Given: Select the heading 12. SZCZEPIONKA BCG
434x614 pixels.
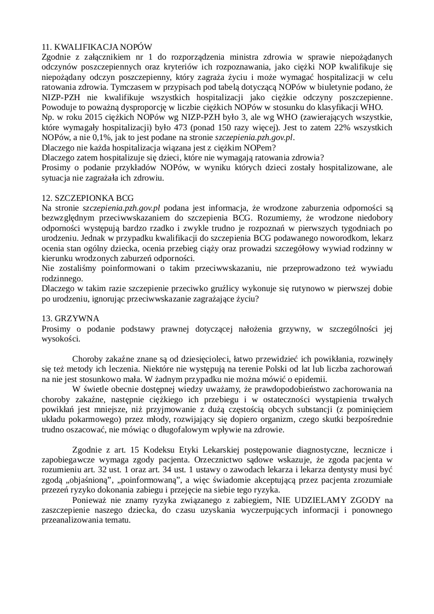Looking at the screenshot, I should tap(88, 196).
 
